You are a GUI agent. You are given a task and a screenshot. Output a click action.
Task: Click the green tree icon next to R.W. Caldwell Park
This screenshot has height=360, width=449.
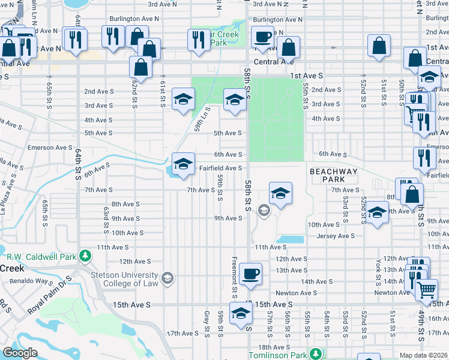click(85, 257)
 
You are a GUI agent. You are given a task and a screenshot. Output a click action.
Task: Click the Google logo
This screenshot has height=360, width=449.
click(20, 353)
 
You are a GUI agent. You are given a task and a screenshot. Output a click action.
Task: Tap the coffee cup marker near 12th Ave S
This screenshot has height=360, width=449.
click(250, 274)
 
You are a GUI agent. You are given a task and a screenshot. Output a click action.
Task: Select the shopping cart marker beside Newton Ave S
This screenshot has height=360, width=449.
click(426, 290)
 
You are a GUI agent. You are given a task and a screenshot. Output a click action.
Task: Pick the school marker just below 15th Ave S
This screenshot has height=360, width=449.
click(241, 314)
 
